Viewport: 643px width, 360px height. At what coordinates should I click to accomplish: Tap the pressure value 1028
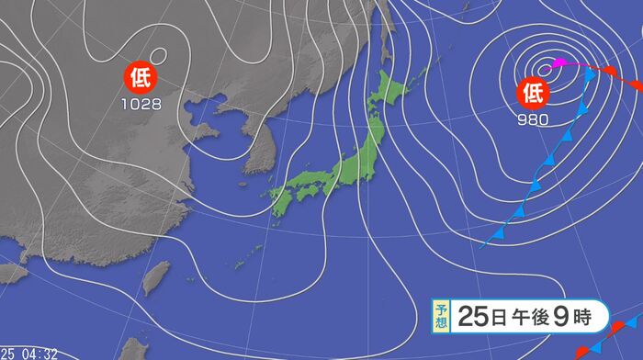point(141,104)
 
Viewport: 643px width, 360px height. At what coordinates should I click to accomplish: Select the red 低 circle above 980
point(534,92)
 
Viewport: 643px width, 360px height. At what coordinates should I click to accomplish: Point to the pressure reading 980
point(534,119)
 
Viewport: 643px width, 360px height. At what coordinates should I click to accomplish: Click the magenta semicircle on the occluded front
point(556,65)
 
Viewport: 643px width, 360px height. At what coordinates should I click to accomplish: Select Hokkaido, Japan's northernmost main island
point(389,94)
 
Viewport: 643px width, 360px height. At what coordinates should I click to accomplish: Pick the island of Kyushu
point(279,203)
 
